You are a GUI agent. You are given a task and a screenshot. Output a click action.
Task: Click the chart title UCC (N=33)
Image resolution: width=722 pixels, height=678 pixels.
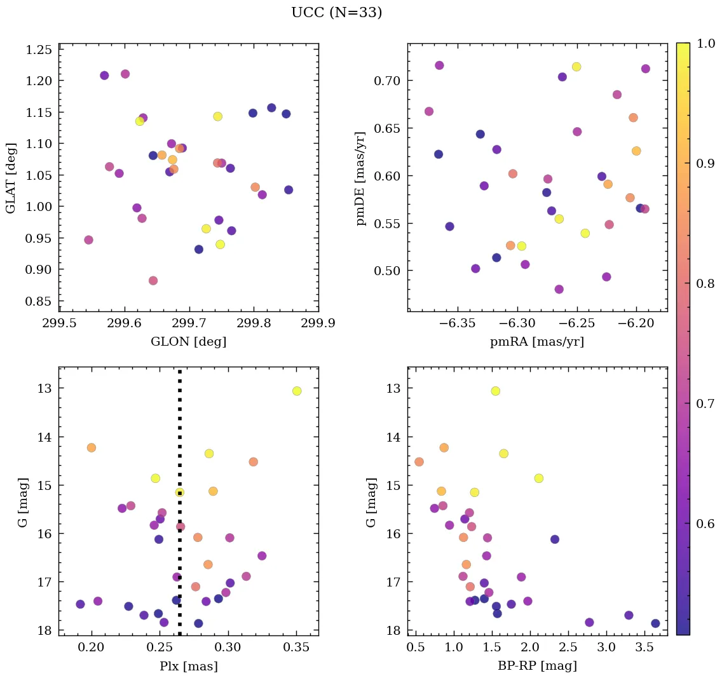(337, 13)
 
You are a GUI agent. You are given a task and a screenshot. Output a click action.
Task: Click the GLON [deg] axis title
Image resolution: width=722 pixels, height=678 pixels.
(188, 341)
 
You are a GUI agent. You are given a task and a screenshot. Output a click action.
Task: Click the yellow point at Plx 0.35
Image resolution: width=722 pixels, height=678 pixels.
(297, 391)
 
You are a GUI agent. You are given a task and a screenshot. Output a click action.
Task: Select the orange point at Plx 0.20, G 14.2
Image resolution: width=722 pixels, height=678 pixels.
(92, 447)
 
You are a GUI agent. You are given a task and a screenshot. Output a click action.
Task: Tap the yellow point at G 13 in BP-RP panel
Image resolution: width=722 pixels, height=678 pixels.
(495, 391)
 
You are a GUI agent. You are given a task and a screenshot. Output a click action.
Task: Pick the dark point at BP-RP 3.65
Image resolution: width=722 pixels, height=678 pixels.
(655, 623)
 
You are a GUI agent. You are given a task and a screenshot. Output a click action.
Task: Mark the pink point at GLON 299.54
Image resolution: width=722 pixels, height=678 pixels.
(88, 240)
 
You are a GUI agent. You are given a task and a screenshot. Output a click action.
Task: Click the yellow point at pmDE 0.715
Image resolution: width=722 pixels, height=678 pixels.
(576, 67)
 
